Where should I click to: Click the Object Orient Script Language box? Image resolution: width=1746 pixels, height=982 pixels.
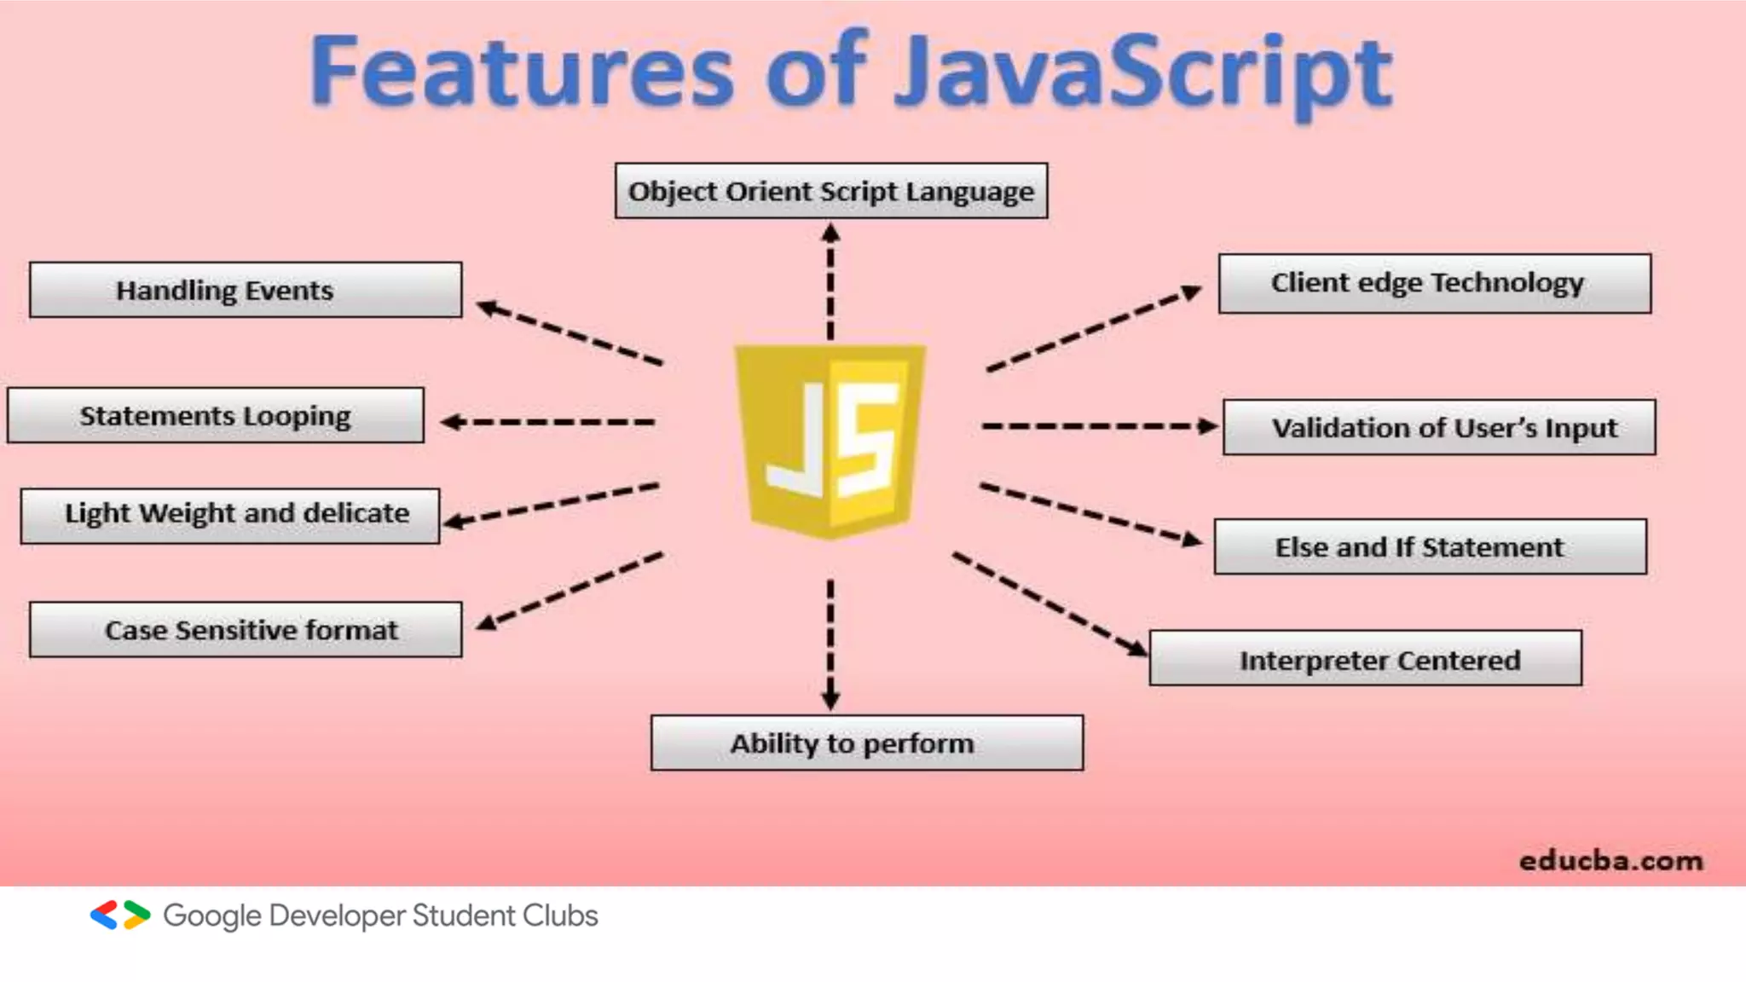[x=831, y=191]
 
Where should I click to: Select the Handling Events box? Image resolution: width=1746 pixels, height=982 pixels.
[x=246, y=290]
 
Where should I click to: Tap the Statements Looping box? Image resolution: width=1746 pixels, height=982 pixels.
[x=216, y=416]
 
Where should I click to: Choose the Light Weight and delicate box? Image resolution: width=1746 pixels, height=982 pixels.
[x=230, y=515]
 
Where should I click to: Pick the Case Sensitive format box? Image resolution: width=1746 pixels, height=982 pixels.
[x=246, y=630]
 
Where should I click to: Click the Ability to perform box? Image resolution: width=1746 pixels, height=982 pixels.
[x=867, y=743]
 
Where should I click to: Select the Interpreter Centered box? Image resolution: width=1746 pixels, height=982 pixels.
[x=1365, y=659]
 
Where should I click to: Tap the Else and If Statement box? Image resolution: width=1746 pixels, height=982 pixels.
[x=1430, y=546]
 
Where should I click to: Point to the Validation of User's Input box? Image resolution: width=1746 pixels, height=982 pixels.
[x=1439, y=427]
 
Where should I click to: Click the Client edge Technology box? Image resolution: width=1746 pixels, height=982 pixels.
[x=1434, y=283]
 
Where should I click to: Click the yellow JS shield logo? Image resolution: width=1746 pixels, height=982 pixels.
[x=830, y=439]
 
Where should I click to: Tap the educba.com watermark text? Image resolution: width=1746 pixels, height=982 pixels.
[x=1610, y=861]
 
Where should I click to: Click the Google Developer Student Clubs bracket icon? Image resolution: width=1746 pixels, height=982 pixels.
[x=120, y=915]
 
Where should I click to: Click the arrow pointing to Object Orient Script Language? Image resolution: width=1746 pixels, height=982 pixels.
[x=830, y=281]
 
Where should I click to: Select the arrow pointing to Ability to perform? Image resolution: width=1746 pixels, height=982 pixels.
[x=830, y=644]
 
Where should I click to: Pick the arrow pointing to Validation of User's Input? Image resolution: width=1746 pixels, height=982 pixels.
[x=1100, y=426]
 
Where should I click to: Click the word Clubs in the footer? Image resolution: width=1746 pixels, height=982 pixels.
[x=560, y=916]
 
